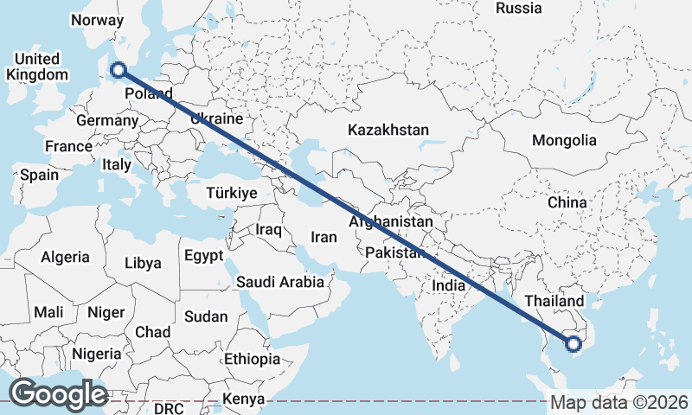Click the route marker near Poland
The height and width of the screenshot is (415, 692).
[119, 71]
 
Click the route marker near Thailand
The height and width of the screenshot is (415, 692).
[573, 344]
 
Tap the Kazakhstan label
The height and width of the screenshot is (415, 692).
[388, 131]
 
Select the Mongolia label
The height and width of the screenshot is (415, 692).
[564, 140]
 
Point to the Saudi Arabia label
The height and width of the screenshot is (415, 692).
[280, 282]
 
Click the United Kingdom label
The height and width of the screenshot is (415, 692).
[36, 67]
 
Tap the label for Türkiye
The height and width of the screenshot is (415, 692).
[231, 194]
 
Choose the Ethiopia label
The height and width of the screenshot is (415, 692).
[252, 359]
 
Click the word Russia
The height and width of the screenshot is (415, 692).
[519, 9]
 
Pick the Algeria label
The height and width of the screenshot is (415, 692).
[65, 257]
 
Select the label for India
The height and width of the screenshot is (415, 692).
[449, 285]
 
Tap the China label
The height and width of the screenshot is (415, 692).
[567, 202]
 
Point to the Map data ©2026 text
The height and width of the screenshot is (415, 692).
[620, 403]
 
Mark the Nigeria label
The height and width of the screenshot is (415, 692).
[97, 354]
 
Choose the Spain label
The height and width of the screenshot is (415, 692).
[40, 175]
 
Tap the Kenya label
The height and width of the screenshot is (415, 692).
[243, 399]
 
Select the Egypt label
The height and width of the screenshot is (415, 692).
[203, 256]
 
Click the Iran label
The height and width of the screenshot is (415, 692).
[324, 237]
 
